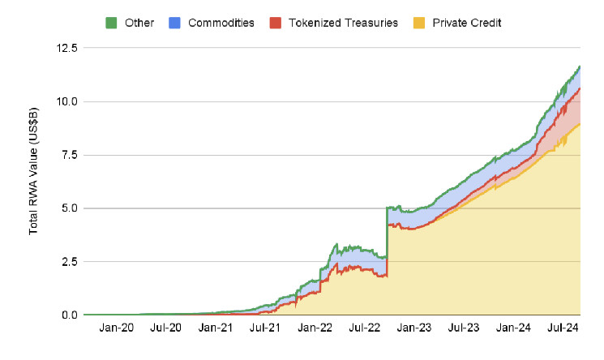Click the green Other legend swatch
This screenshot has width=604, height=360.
click(x=111, y=23)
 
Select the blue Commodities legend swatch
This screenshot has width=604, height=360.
click(x=174, y=23)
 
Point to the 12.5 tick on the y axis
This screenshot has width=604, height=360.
click(x=66, y=49)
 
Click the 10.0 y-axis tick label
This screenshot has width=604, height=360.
click(x=66, y=102)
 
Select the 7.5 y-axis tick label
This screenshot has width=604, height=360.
click(x=69, y=155)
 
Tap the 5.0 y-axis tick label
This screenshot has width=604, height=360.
click(x=69, y=208)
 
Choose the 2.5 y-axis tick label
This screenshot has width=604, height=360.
click(x=69, y=262)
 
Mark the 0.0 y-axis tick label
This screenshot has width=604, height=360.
click(x=69, y=315)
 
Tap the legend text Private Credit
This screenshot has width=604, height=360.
click(x=468, y=23)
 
